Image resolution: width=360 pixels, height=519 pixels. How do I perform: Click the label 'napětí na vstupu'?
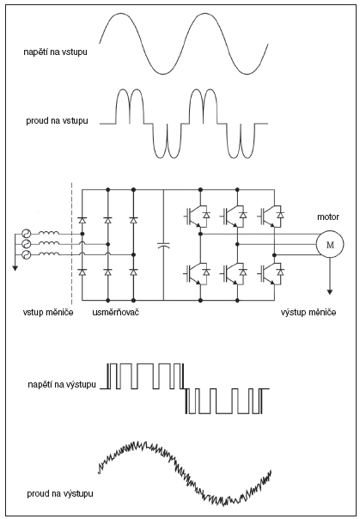pyautogui.click(x=56, y=52)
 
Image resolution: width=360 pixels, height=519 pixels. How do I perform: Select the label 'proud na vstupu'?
pyautogui.click(x=58, y=120)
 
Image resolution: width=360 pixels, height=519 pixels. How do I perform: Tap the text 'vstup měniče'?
pyautogui.click(x=48, y=312)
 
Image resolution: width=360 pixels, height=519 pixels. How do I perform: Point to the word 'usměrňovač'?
pyautogui.click(x=115, y=312)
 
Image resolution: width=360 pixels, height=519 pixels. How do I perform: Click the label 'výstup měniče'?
pyautogui.click(x=308, y=312)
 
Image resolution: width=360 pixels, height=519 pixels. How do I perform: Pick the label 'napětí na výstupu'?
pyautogui.click(x=62, y=384)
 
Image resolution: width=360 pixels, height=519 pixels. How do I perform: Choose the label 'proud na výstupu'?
pyautogui.click(x=60, y=493)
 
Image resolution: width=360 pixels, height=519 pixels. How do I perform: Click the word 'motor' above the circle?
pyautogui.click(x=328, y=217)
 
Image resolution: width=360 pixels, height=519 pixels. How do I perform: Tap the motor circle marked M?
pyautogui.click(x=330, y=244)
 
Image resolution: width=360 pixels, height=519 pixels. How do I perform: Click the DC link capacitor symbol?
pyautogui.click(x=163, y=245)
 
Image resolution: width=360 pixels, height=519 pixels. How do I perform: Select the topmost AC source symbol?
pyautogui.click(x=26, y=234)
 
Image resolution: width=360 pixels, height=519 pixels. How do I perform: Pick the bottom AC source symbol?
pyautogui.click(x=26, y=255)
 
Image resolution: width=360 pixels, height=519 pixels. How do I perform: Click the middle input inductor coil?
pyautogui.click(x=49, y=243)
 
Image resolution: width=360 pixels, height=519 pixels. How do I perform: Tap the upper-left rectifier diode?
pyautogui.click(x=82, y=220)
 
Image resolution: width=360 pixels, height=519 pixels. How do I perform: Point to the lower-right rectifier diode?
pyautogui.click(x=133, y=272)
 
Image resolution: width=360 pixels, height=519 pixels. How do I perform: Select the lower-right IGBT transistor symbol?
pyautogui.click(x=270, y=273)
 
